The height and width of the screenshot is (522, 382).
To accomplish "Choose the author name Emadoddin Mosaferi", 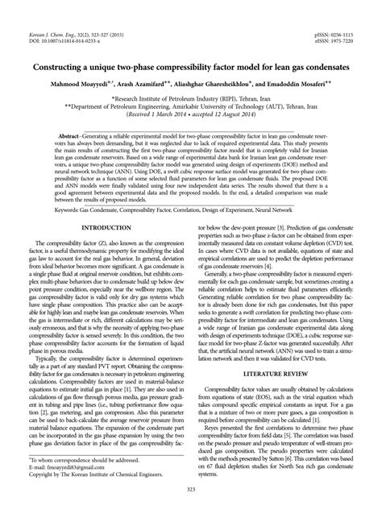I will pos(301,83).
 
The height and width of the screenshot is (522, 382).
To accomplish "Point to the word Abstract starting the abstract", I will pos(68,137).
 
